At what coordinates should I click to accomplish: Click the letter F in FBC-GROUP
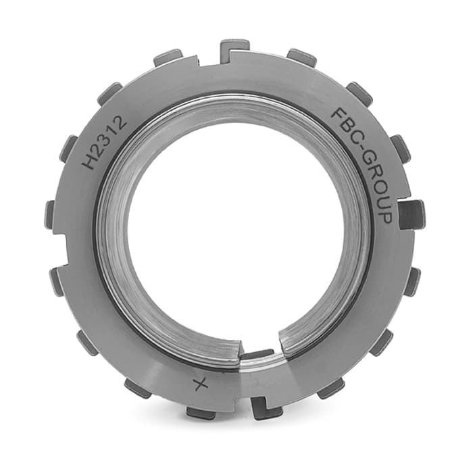coord(339,114)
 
